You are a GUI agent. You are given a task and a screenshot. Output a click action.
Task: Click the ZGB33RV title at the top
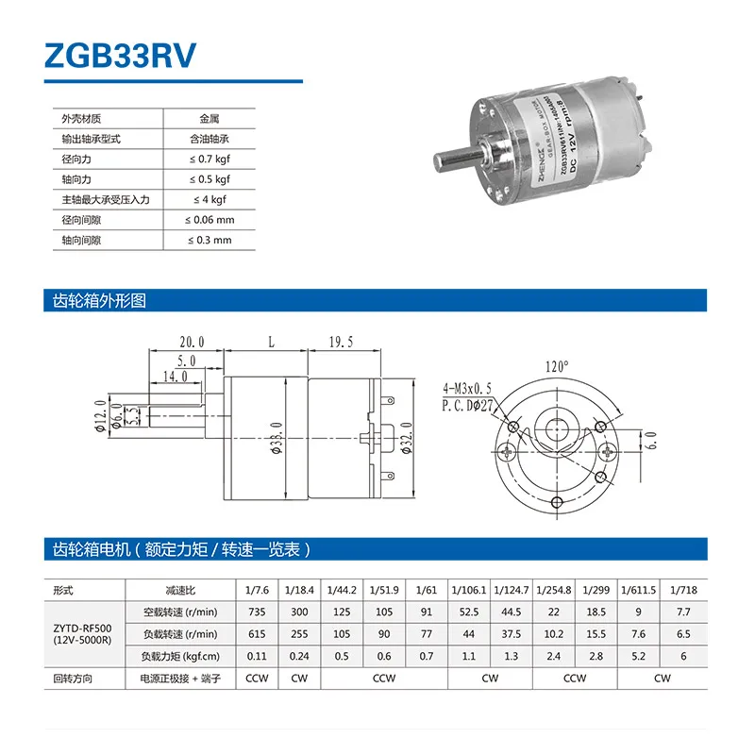point(120,54)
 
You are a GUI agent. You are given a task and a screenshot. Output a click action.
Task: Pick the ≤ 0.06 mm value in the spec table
point(210,220)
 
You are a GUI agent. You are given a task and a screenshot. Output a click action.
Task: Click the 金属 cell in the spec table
point(210,119)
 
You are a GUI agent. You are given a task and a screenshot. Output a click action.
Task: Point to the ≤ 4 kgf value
point(210,200)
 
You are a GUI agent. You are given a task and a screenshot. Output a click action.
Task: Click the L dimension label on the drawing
point(269,344)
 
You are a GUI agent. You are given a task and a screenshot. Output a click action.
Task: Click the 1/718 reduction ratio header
point(682,589)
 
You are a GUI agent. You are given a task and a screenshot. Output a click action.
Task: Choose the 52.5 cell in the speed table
point(469,612)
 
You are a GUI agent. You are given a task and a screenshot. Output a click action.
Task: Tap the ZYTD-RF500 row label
point(79,633)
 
